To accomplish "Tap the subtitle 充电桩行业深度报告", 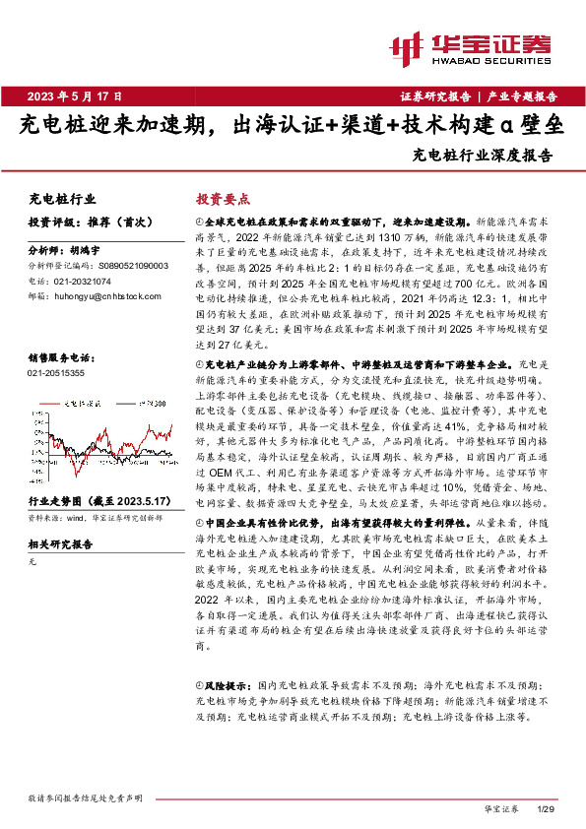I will (x=483, y=155).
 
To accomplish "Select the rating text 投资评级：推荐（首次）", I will (x=82, y=223).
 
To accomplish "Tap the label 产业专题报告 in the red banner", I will (x=522, y=96).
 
